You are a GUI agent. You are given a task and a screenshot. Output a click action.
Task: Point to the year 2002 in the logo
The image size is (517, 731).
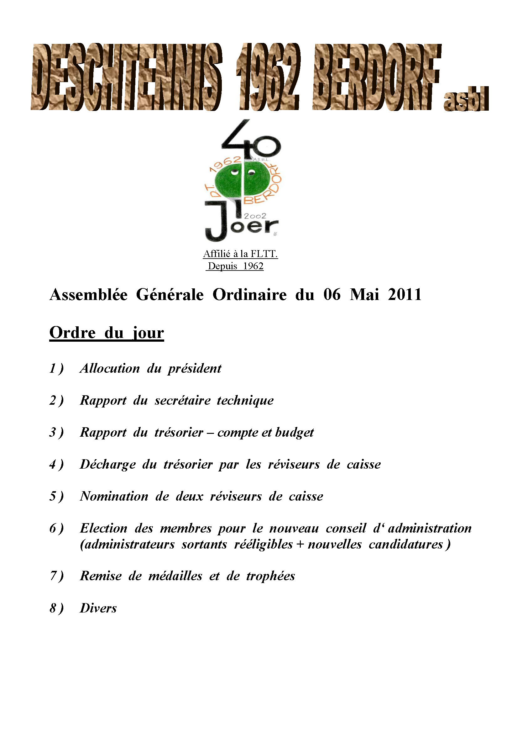click(255, 216)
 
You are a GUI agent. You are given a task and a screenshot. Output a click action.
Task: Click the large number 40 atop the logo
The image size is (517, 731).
click(252, 139)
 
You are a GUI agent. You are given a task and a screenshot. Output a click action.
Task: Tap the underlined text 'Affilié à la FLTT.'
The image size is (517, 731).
click(240, 254)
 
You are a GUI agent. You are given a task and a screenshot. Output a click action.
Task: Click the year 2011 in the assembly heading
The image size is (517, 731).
click(405, 294)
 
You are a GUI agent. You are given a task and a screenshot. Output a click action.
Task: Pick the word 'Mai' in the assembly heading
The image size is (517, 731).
click(364, 294)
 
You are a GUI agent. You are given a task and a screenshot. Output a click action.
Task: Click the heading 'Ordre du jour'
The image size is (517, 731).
click(107, 333)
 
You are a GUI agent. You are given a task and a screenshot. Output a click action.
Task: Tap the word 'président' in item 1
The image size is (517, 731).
click(195, 369)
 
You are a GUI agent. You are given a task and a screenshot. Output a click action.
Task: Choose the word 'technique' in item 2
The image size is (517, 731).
click(245, 400)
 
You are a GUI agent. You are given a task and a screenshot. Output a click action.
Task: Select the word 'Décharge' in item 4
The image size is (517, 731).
click(107, 465)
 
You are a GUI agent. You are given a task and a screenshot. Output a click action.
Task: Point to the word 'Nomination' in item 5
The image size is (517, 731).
click(114, 496)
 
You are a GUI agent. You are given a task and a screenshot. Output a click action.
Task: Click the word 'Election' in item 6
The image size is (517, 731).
click(103, 528)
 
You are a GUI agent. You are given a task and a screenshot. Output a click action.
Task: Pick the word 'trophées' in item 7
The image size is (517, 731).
click(271, 576)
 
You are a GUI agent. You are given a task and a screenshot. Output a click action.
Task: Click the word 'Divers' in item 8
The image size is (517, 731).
click(98, 608)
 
